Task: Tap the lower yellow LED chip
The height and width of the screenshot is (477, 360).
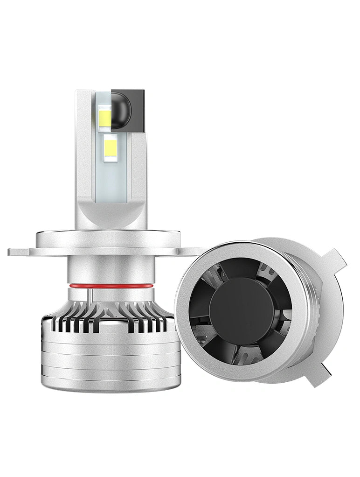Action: (111, 148)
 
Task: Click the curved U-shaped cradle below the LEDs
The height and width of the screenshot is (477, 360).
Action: (111, 215)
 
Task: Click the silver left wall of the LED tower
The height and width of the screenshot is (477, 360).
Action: (84, 154)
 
